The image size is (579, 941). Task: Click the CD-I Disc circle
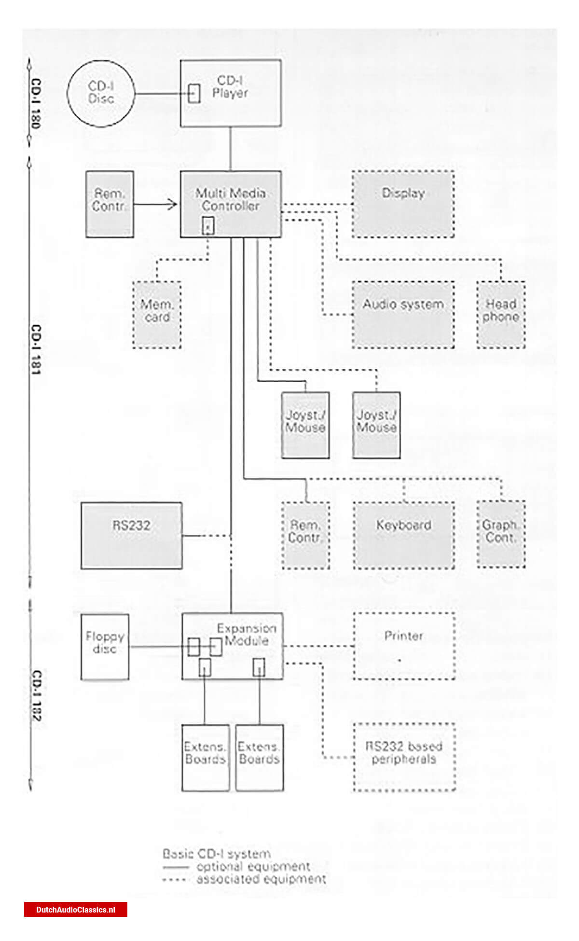[x=101, y=94]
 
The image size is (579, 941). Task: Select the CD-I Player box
[x=231, y=94]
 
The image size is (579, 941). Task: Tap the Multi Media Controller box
[x=231, y=204]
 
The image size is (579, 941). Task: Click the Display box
[x=403, y=204]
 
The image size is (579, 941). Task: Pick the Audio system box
[x=403, y=315]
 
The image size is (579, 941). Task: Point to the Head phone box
[x=501, y=315]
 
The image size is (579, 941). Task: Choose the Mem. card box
[x=157, y=315]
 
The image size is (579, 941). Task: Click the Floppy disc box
[x=105, y=647]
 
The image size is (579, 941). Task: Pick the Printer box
[x=404, y=646]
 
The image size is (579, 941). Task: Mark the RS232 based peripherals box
[x=404, y=757]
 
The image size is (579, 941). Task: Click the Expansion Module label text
[x=247, y=635]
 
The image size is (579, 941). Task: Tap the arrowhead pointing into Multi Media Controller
[x=173, y=205]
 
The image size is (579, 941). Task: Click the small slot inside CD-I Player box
[x=194, y=94]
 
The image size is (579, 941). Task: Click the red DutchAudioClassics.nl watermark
[x=76, y=910]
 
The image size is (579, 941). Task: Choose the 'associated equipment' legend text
[x=261, y=879]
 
